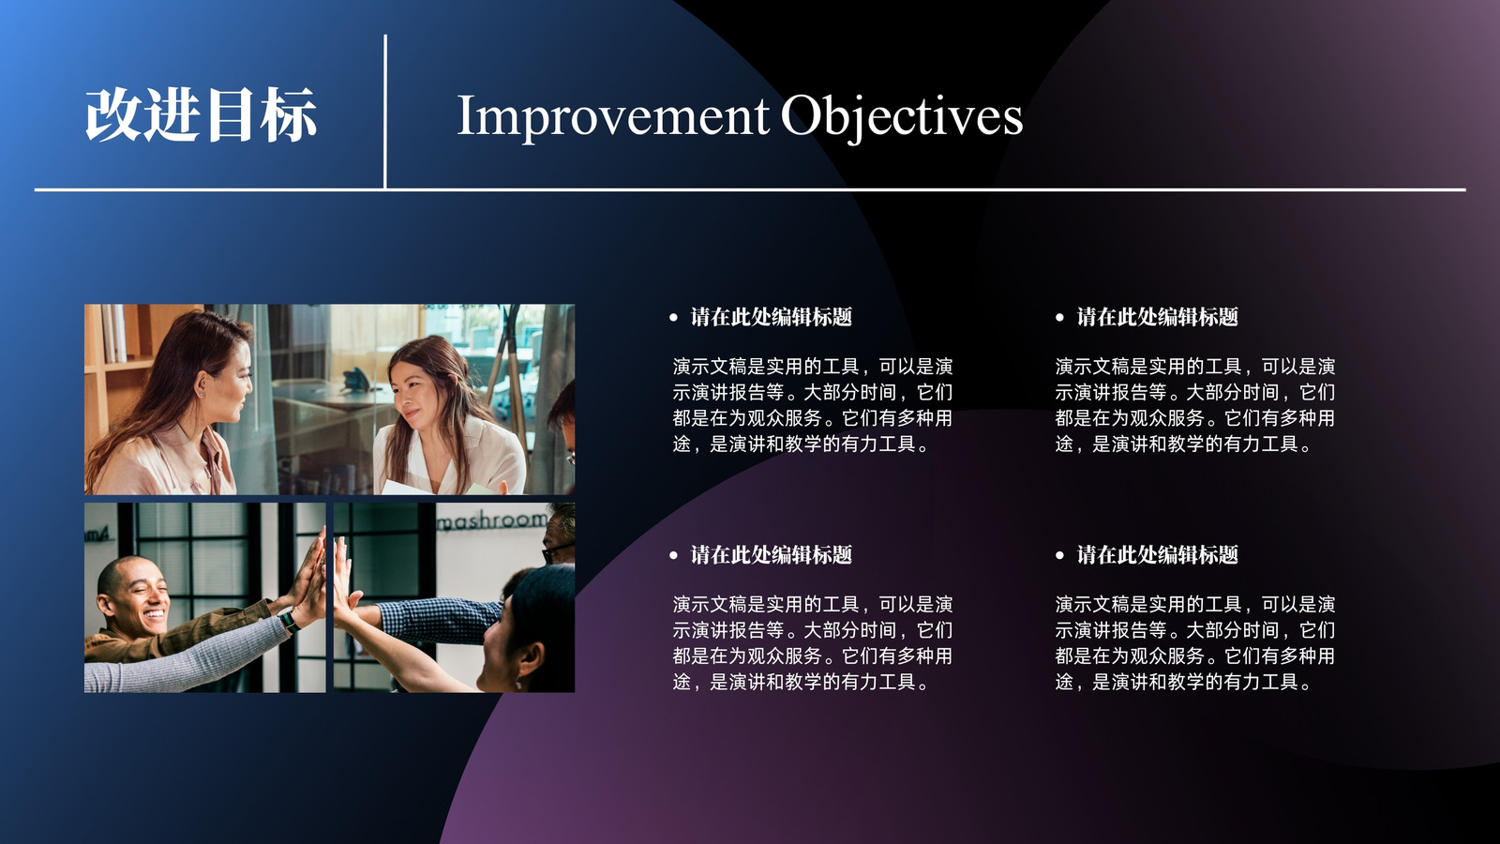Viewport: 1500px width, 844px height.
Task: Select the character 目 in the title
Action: click(x=230, y=114)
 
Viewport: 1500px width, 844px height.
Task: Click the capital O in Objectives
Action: click(x=802, y=114)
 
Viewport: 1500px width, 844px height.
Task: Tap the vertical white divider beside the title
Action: click(x=385, y=112)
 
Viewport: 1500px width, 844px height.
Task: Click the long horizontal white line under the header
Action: click(x=750, y=189)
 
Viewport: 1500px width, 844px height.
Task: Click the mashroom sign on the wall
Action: click(x=492, y=520)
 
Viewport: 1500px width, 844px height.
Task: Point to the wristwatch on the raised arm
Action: click(x=290, y=621)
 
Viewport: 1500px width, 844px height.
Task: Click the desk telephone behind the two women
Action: click(x=355, y=381)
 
